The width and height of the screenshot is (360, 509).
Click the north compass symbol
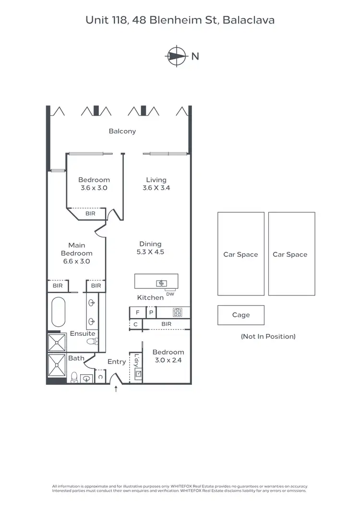tap(177, 56)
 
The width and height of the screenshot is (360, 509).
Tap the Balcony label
tap(122, 131)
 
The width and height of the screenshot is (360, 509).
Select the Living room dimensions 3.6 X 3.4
tap(156, 188)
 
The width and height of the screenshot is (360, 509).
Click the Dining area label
tap(150, 244)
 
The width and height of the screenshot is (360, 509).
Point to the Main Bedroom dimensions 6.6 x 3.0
tap(77, 261)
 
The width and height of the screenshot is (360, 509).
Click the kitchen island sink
tap(161, 283)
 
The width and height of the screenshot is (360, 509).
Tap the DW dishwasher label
tap(170, 294)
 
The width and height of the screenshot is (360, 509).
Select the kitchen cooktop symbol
tap(177, 312)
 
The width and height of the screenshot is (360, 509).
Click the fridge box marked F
tap(137, 312)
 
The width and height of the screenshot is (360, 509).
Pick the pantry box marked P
tap(151, 312)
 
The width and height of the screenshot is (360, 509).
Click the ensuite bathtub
tap(59, 312)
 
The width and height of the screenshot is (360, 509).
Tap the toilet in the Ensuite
tap(93, 342)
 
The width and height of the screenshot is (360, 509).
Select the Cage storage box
tap(240, 315)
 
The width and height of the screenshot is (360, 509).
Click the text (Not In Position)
tap(268, 336)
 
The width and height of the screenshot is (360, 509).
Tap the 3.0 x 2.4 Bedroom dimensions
tap(168, 360)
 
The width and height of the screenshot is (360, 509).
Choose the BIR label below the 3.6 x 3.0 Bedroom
tap(90, 213)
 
